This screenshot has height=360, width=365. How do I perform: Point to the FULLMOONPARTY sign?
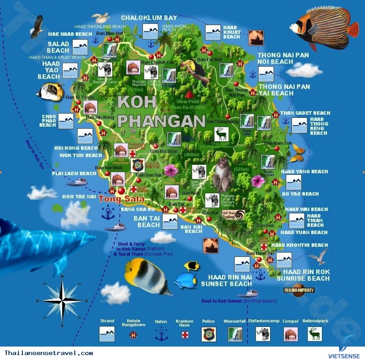(x=299, y=290)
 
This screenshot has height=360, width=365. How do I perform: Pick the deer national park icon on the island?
(x=221, y=134)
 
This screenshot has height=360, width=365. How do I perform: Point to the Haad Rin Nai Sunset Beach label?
(x=227, y=281)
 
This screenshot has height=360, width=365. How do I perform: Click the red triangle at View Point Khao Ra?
(x=189, y=95)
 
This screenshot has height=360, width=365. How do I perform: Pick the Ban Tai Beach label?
(x=146, y=221)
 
